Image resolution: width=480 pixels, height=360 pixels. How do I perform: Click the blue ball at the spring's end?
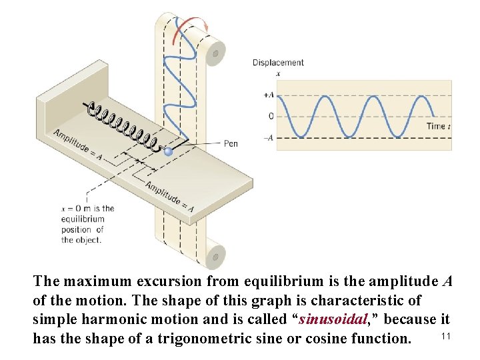pos(168,152)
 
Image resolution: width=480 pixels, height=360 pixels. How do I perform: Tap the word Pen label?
pos(231,143)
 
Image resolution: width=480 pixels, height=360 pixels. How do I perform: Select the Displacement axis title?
pos(278,63)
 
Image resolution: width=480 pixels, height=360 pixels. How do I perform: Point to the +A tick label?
pos(268,95)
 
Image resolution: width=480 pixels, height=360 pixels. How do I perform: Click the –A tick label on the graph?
pos(268,138)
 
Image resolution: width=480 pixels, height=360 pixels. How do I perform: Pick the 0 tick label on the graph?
pos(271,116)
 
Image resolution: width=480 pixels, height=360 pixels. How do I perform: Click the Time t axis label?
pos(439,126)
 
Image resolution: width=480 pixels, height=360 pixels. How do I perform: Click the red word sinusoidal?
pos(336,319)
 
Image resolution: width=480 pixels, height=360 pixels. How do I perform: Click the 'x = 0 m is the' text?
pos(86,208)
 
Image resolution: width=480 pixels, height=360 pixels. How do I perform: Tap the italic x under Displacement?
pos(277,73)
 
